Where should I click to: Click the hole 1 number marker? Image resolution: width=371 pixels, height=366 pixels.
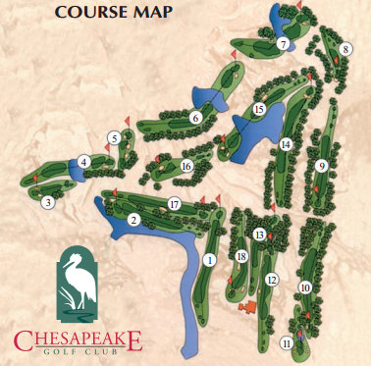point(209,260)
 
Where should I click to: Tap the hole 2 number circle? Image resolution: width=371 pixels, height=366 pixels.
point(132,220)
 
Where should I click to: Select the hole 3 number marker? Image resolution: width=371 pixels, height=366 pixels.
point(47,203)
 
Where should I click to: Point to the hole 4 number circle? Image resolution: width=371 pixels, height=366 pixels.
point(84,162)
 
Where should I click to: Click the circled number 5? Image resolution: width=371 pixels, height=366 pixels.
point(115,138)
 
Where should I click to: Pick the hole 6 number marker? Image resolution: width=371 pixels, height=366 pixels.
point(195,119)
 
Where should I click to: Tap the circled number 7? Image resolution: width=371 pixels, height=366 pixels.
point(282,44)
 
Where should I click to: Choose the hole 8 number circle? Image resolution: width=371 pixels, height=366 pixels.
point(345,49)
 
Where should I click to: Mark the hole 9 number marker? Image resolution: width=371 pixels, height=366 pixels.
point(321,166)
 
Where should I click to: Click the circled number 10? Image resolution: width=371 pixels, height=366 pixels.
point(305,288)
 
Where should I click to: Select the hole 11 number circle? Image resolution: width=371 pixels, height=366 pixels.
point(286,343)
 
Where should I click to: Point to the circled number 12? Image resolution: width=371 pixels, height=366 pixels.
point(273,280)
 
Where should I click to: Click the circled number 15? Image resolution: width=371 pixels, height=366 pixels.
point(259,109)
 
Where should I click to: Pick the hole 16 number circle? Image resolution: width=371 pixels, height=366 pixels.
point(185,166)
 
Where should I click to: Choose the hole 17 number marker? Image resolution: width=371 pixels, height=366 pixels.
point(174,204)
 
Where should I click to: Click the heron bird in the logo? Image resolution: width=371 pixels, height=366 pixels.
point(75,285)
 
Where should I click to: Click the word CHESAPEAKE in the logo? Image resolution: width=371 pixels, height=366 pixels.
point(78,340)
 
